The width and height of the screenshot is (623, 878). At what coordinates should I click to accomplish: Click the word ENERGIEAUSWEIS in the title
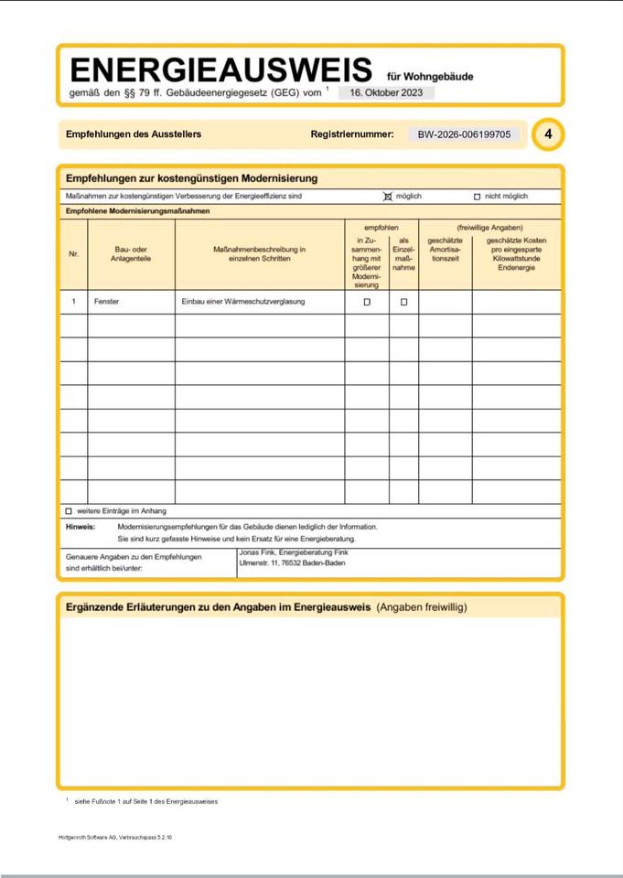(x=220, y=70)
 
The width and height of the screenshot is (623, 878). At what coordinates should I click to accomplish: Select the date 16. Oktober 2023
(x=386, y=92)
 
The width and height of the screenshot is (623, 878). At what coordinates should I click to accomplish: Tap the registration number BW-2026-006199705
(x=464, y=134)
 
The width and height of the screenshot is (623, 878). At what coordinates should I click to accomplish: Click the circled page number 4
(x=548, y=134)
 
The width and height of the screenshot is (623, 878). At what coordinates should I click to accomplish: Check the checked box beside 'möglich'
(x=388, y=197)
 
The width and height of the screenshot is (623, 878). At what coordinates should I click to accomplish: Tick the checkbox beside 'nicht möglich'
(x=477, y=197)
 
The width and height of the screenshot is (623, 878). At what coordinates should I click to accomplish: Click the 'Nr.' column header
(x=74, y=253)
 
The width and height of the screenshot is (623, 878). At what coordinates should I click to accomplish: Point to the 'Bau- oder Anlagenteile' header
(x=131, y=253)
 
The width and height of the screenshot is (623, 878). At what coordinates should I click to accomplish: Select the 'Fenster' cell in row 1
(x=106, y=301)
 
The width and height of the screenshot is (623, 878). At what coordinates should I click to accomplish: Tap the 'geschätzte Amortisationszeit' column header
(x=445, y=250)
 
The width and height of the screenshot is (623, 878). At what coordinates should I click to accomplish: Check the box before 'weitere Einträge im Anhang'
(x=69, y=511)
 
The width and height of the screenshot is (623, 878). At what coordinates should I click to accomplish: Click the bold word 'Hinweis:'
(x=81, y=527)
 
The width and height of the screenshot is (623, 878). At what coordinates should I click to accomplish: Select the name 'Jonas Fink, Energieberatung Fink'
(x=293, y=552)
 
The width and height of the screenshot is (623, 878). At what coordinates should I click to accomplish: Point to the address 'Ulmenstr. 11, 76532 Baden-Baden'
(x=292, y=563)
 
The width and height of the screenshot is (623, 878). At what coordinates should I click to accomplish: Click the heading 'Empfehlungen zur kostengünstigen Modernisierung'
(x=191, y=178)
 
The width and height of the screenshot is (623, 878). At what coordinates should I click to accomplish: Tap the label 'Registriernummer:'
(x=352, y=134)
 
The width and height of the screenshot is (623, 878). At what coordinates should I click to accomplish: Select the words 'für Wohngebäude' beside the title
(x=430, y=77)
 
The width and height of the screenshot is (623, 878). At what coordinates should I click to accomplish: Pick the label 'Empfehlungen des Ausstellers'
(x=134, y=134)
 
